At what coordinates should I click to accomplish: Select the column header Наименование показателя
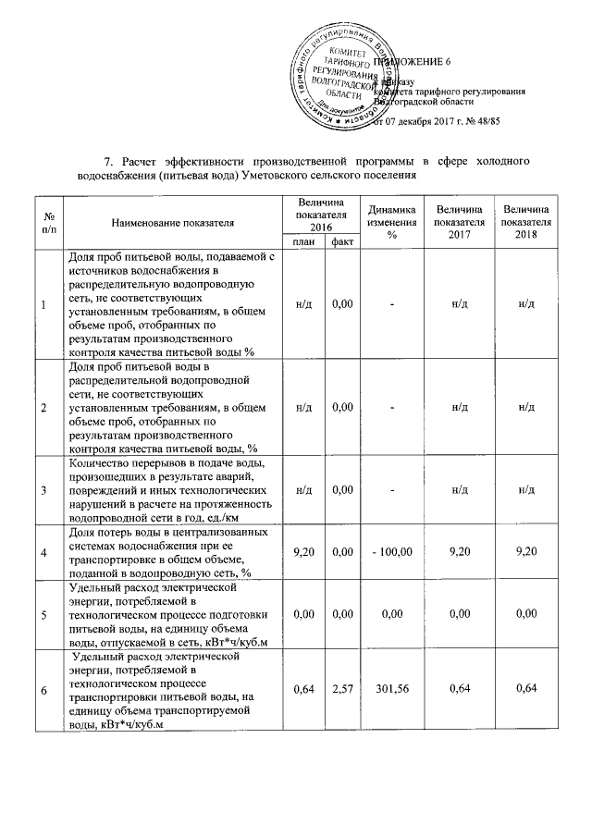(172, 223)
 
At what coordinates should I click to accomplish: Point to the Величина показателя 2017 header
(460, 223)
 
